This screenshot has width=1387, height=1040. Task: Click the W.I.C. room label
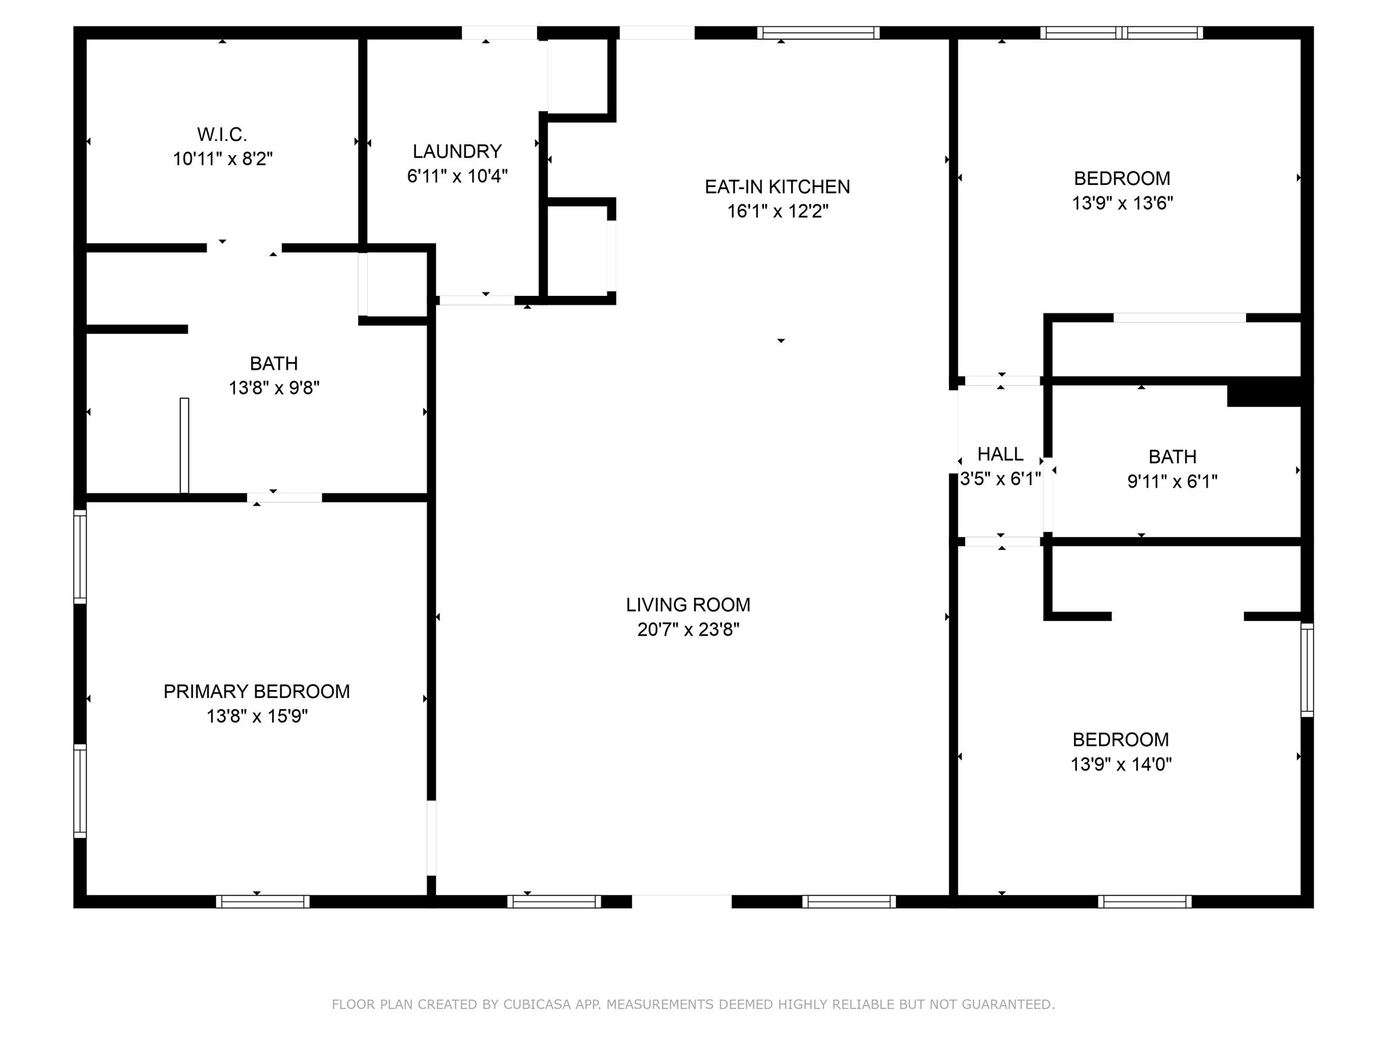click(222, 134)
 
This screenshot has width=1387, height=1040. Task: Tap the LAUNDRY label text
click(457, 151)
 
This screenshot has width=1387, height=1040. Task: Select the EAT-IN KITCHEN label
click(777, 187)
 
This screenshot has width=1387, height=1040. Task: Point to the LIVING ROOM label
click(688, 605)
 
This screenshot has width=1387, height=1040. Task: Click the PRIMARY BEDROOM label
click(257, 691)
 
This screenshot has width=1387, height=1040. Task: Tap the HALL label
click(1000, 454)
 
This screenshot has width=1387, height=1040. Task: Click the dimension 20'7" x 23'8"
click(688, 630)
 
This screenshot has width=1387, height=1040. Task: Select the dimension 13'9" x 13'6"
click(1122, 203)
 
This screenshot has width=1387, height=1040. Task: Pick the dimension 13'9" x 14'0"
click(1121, 764)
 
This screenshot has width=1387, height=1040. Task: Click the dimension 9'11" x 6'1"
click(1172, 481)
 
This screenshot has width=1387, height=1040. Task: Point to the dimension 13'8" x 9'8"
click(274, 388)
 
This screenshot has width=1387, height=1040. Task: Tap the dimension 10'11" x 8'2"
click(223, 159)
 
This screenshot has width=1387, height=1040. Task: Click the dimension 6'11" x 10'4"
click(457, 176)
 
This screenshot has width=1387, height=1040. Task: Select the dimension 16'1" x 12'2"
click(777, 211)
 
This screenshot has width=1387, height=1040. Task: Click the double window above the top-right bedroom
click(1122, 32)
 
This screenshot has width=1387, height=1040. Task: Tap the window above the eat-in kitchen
click(818, 32)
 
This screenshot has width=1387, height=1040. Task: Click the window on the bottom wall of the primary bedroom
click(263, 901)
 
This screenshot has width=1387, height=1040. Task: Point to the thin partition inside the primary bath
click(184, 446)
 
